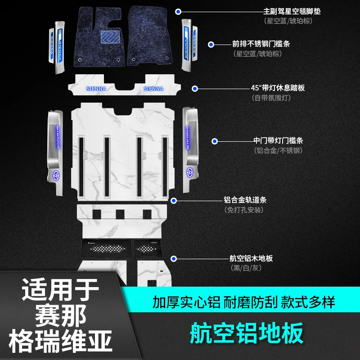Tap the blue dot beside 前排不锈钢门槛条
point(211,44)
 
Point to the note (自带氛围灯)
point(271,98)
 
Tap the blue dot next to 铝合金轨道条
point(174,200)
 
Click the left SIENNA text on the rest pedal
point(96,89)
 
